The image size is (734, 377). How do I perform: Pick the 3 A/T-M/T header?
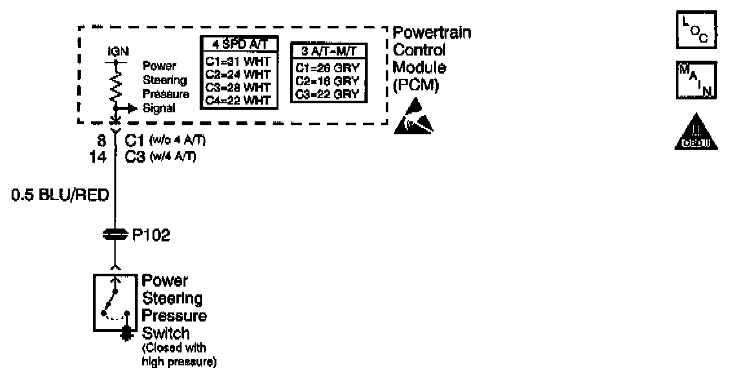point(326,51)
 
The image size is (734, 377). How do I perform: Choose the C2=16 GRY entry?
point(326,81)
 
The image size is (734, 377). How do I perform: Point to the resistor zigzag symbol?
point(116,85)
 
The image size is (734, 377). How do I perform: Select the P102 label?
point(151,236)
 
